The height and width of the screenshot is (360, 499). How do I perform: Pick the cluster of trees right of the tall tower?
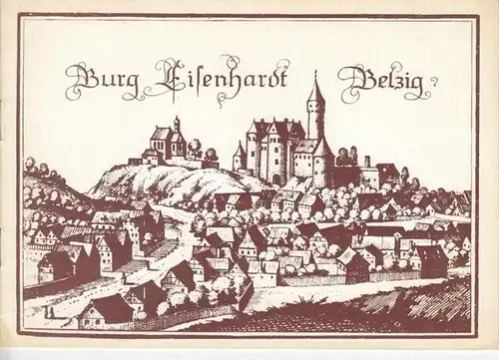click(x=346, y=157)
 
